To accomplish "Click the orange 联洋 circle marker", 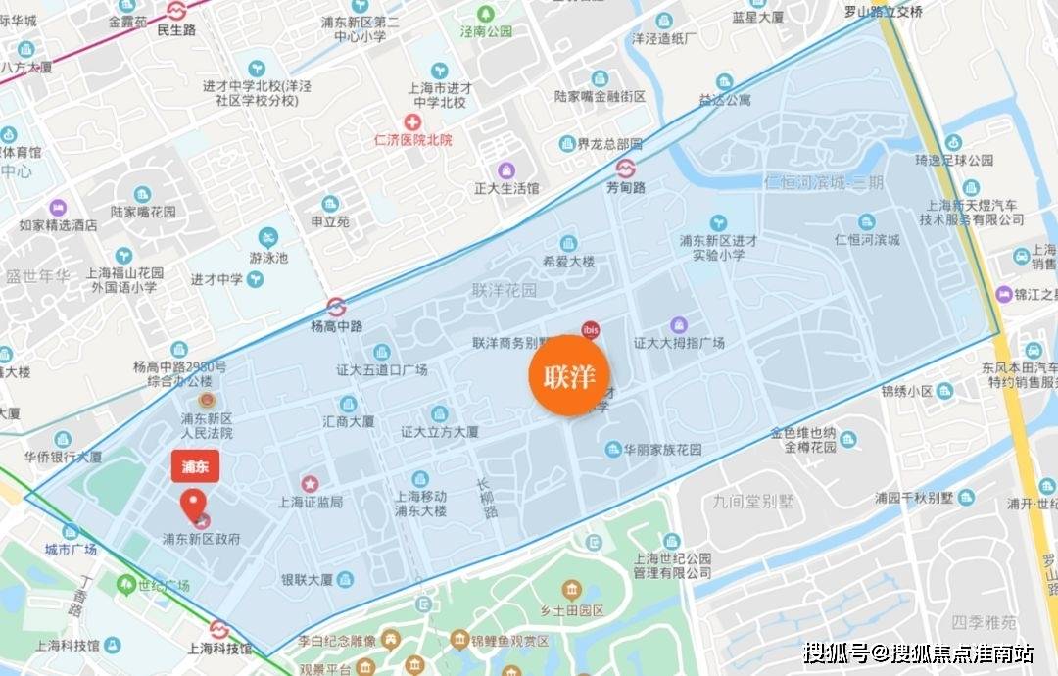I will tap(569, 376).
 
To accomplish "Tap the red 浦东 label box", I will tap(196, 465).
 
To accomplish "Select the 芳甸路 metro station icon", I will tap(625, 168).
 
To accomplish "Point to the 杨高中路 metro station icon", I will tap(336, 306).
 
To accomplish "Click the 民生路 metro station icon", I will tap(176, 11).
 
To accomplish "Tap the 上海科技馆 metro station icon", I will tap(219, 629).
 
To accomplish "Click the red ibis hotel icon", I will tap(590, 329).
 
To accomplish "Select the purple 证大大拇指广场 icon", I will tap(678, 324).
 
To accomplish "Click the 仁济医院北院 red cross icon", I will tap(413, 122).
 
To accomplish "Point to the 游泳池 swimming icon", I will tap(268, 237).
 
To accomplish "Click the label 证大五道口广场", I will tap(382, 369).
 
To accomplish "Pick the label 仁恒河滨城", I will tap(866, 240).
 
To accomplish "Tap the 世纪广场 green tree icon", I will tap(125, 585).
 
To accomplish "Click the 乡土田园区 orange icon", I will tap(570, 590).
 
